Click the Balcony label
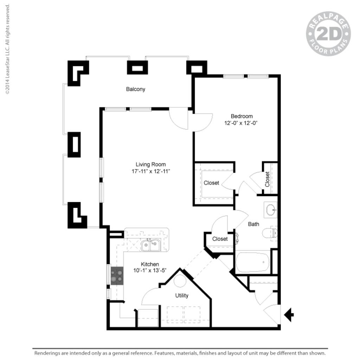tap(135, 89)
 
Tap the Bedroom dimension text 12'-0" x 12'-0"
tap(242, 123)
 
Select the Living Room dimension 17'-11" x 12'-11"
tap(151, 171)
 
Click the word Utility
tap(182, 295)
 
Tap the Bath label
tap(253, 224)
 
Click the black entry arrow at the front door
tap(289, 314)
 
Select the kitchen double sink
tap(151, 245)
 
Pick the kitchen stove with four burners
tap(117, 276)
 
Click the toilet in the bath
tap(271, 232)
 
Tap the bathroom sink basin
tap(271, 211)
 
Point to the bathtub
tap(252, 262)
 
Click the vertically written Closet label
tap(268, 179)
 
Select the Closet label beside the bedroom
tap(211, 183)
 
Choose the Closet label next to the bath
tap(220, 239)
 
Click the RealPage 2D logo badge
tap(328, 34)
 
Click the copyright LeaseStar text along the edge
tap(7, 49)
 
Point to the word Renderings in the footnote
tap(45, 353)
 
